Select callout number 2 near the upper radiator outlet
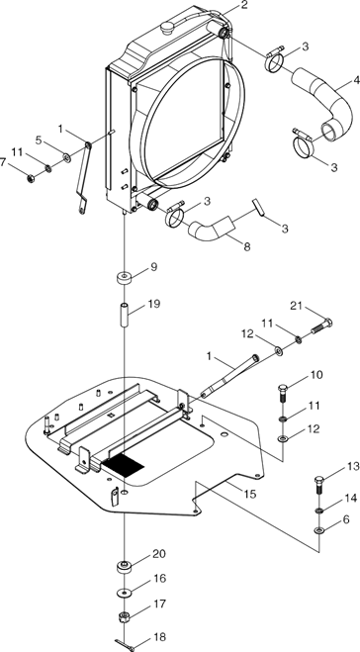(244, 5)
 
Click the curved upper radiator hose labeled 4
(321, 105)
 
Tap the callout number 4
(356, 80)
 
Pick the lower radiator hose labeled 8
(212, 230)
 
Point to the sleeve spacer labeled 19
(126, 316)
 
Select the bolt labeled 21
(321, 326)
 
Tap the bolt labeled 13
(319, 485)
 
